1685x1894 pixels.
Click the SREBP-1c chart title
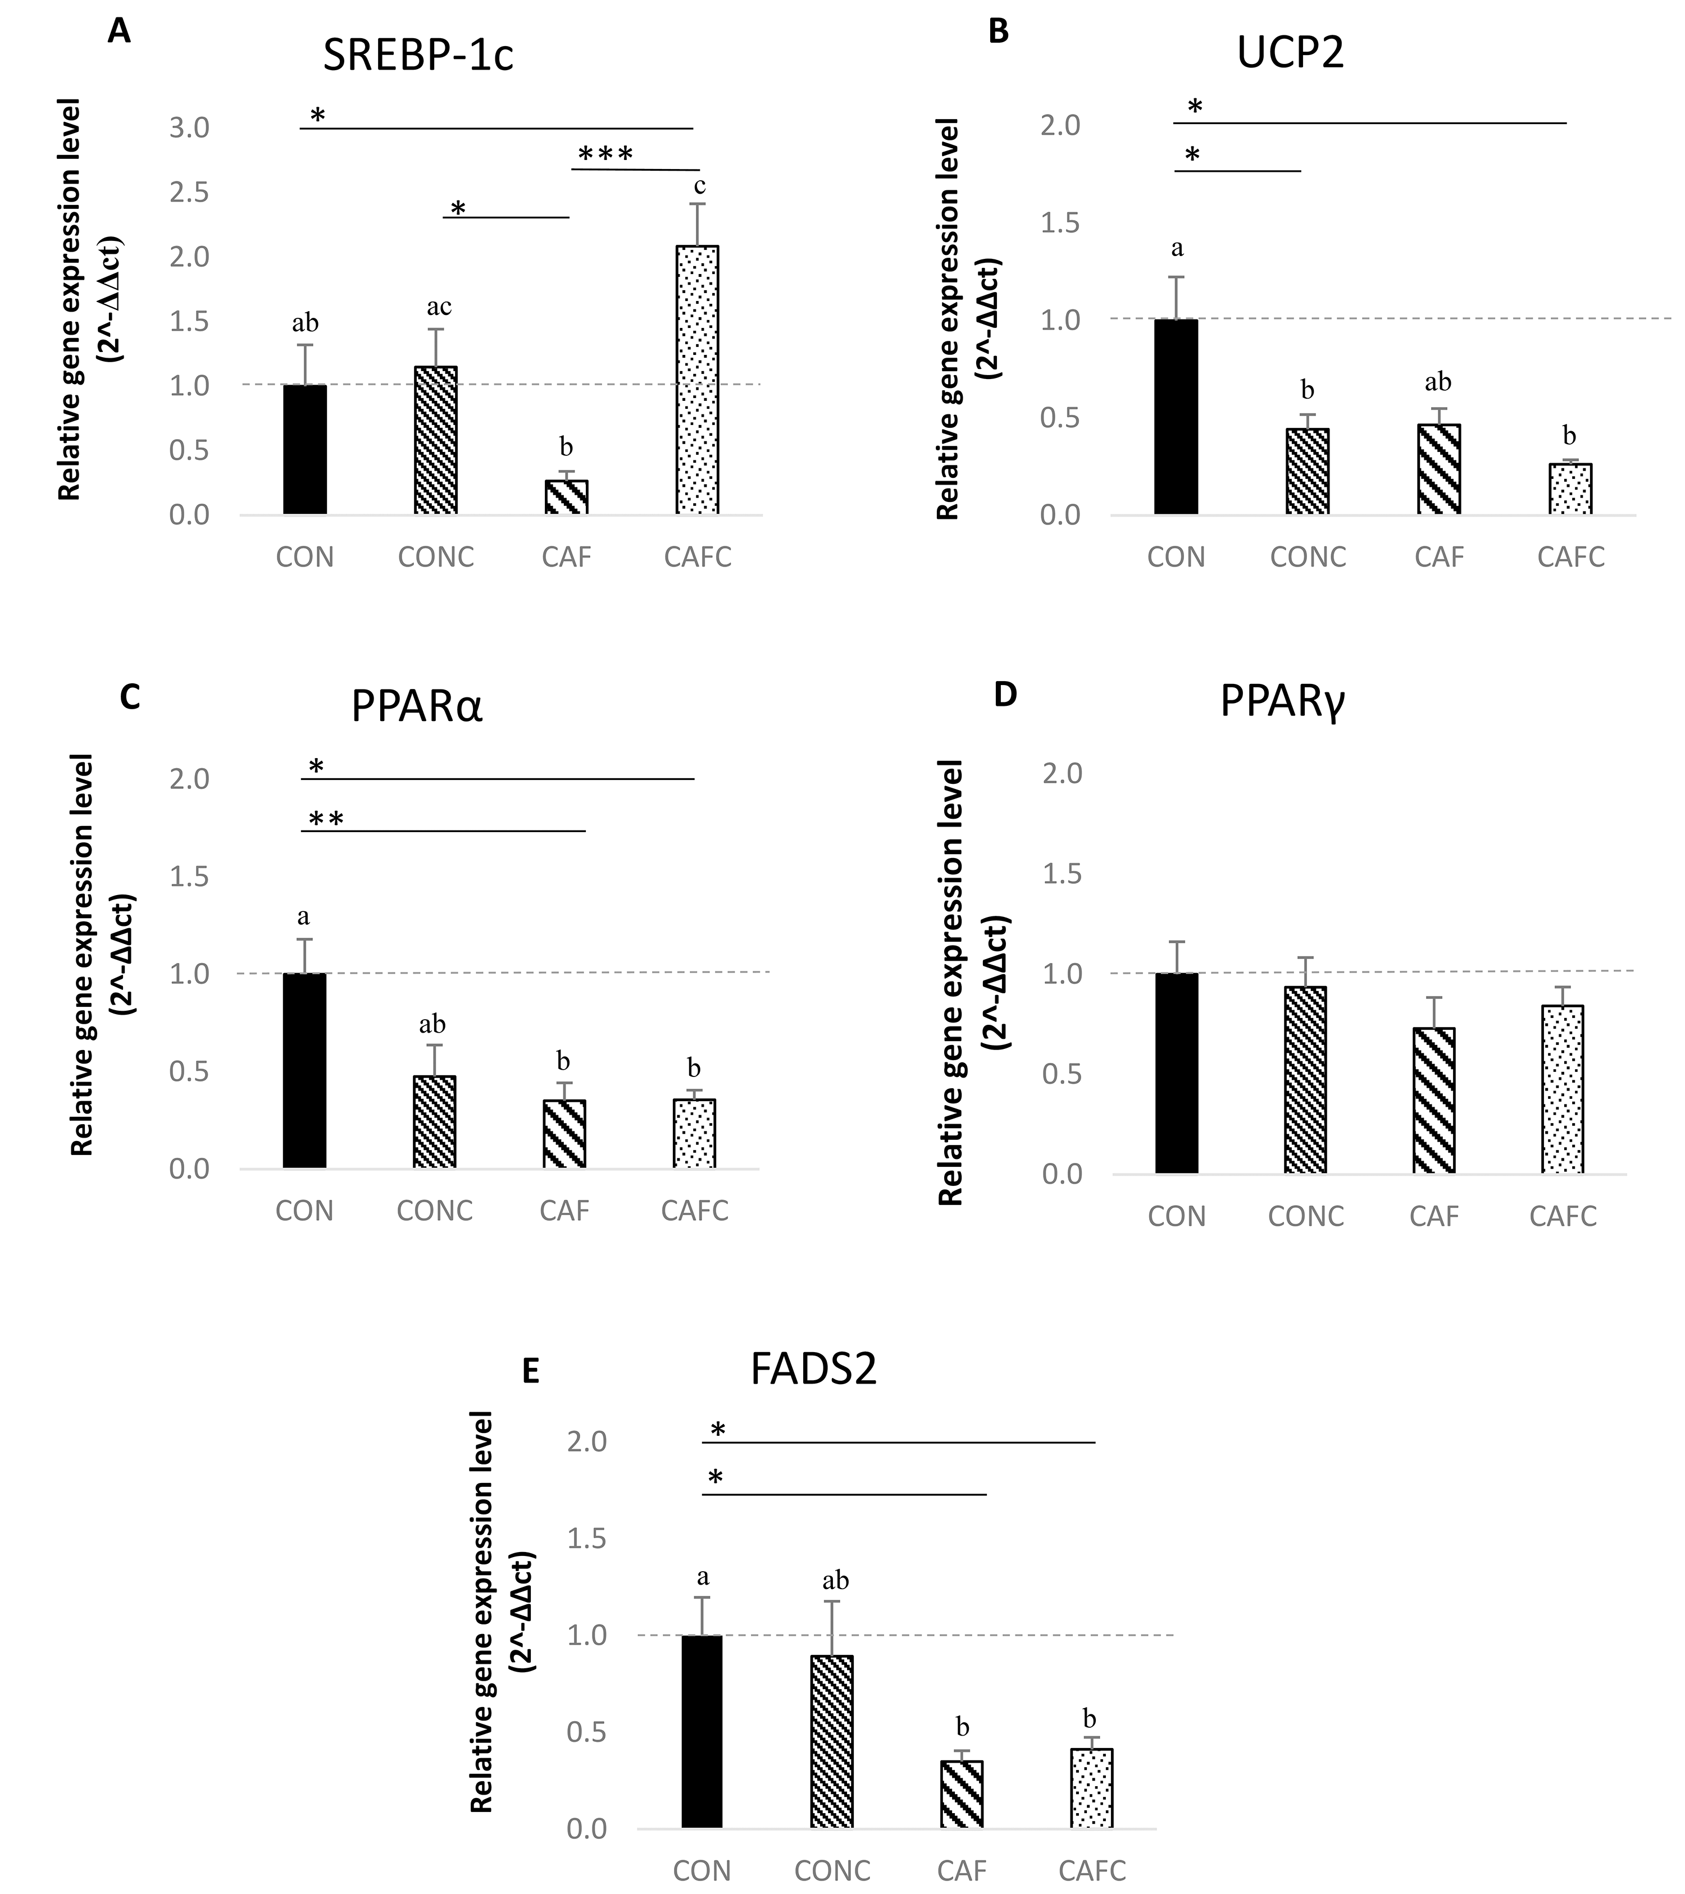pyautogui.click(x=417, y=56)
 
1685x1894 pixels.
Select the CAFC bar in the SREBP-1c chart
pyautogui.click(x=697, y=380)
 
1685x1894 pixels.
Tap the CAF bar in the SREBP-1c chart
pyautogui.click(x=566, y=498)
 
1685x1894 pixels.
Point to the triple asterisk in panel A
pyautogui.click(x=605, y=154)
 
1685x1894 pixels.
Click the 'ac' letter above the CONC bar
pyautogui.click(x=439, y=307)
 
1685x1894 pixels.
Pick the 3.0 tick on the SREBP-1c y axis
pyautogui.click(x=189, y=128)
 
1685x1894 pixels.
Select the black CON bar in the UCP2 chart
pyautogui.click(x=1176, y=417)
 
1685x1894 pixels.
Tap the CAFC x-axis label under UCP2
pyautogui.click(x=1570, y=557)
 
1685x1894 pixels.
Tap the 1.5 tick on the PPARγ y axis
pyautogui.click(x=1062, y=874)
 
